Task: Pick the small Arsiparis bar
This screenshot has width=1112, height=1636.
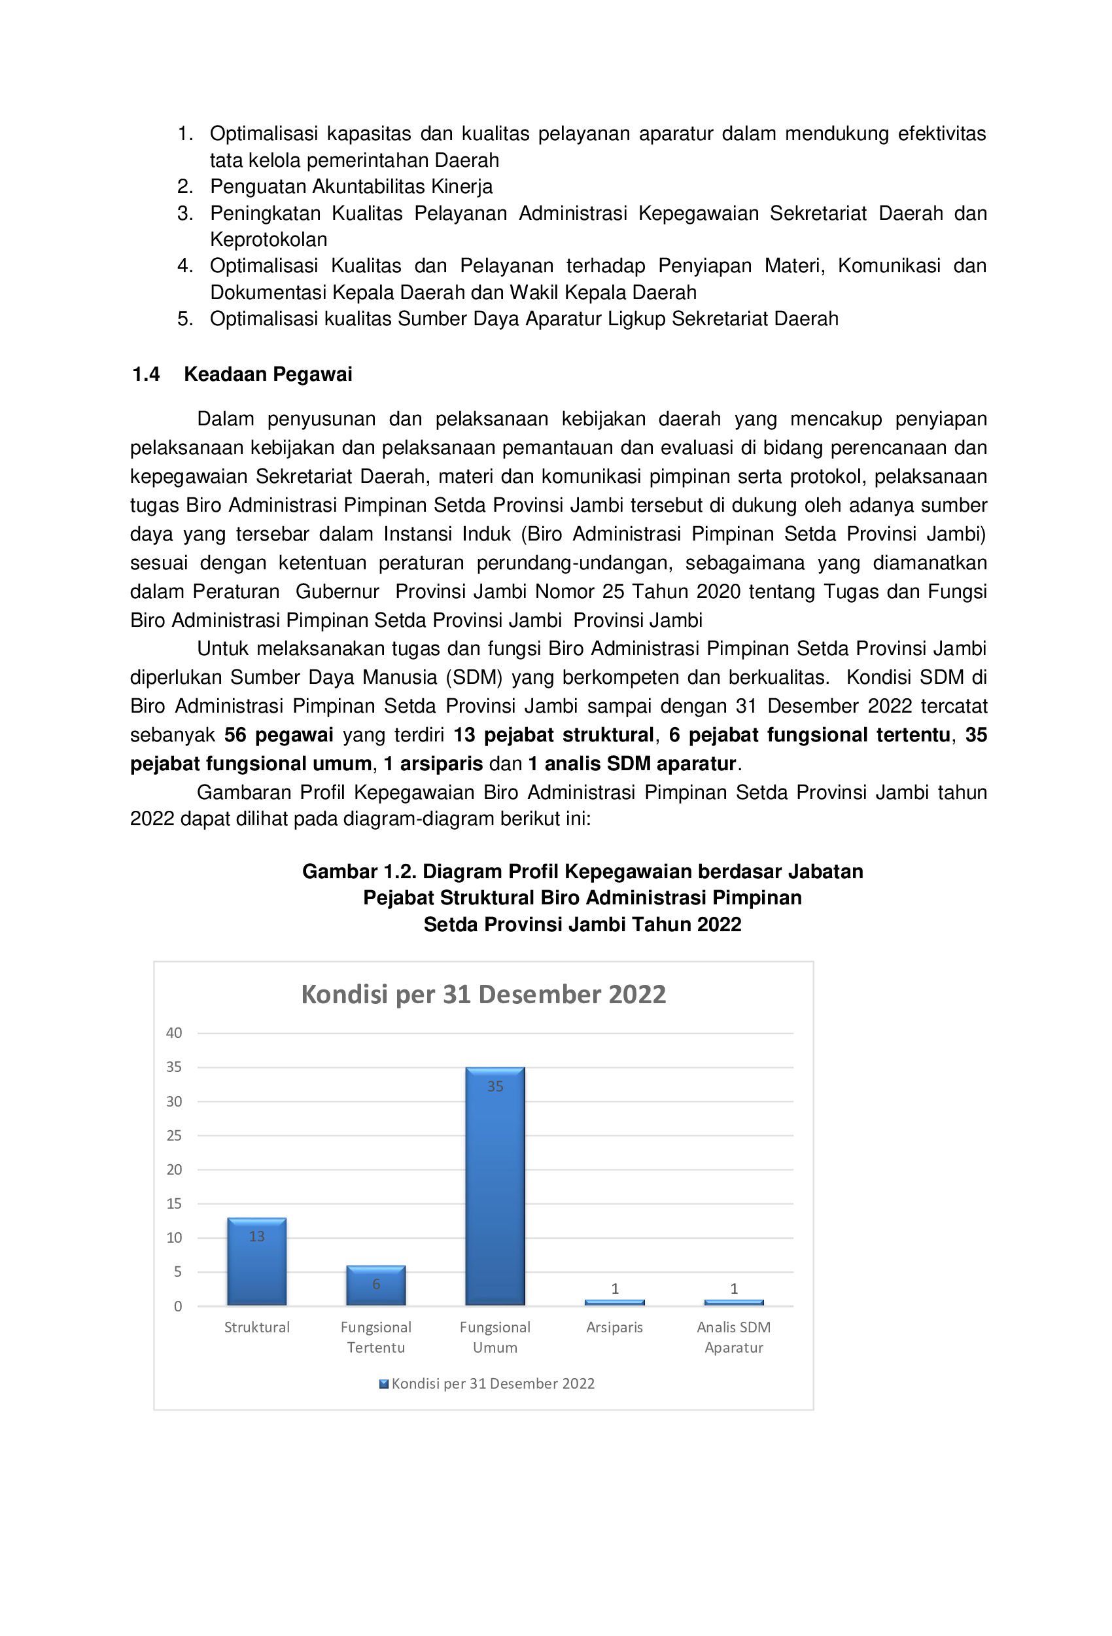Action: point(614,1302)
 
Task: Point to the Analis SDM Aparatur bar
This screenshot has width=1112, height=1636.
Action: point(733,1302)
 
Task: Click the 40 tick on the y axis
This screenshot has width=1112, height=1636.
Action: point(174,1033)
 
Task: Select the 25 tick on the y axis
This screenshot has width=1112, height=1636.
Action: point(174,1135)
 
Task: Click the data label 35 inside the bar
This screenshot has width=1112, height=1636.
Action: point(495,1086)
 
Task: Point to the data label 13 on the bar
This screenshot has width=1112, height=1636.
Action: point(256,1236)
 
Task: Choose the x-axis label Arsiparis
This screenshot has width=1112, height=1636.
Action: point(614,1327)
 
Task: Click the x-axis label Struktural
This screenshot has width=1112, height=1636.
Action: point(256,1327)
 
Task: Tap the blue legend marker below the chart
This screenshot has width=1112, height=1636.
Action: point(383,1383)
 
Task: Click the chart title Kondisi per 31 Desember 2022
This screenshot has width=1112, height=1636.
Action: point(483,994)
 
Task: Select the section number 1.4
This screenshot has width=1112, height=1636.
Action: point(146,374)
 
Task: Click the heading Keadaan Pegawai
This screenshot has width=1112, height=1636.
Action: point(268,374)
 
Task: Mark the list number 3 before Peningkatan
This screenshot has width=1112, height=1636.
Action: point(184,213)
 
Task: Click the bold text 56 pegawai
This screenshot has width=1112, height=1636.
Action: point(278,734)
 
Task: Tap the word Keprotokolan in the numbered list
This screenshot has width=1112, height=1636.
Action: point(268,240)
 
